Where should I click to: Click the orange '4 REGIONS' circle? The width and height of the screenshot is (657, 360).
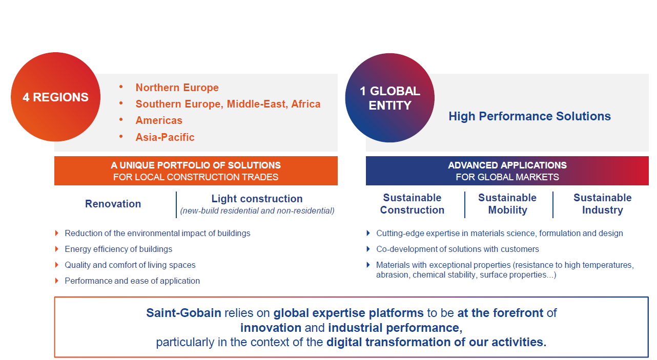click(55, 97)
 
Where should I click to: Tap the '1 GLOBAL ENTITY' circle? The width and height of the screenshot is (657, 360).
click(390, 98)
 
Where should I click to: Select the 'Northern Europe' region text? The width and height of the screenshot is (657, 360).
click(177, 88)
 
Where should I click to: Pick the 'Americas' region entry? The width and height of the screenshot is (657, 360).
click(159, 120)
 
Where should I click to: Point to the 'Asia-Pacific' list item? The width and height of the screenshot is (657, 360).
click(165, 137)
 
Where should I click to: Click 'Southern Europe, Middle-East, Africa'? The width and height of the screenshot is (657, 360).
click(228, 104)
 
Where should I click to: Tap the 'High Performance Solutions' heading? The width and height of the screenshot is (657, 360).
click(529, 116)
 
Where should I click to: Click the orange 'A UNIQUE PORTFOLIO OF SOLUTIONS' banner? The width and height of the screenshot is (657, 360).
click(196, 171)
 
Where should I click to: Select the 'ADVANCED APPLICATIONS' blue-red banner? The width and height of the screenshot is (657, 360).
click(507, 171)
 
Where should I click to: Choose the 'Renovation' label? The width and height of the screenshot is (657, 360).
click(113, 204)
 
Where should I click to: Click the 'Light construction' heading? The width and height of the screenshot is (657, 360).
click(257, 199)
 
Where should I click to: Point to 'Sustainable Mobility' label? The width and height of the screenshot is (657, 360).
click(507, 204)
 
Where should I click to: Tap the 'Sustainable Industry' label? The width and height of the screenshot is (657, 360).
click(603, 204)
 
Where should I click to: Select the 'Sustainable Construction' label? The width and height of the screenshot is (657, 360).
click(412, 204)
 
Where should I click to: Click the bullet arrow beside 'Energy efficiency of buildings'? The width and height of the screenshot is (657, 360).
click(56, 249)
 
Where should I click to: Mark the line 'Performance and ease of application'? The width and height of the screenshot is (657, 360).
click(132, 281)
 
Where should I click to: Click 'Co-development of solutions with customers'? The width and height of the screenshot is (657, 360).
click(458, 249)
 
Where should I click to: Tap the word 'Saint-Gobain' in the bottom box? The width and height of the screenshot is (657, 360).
click(183, 313)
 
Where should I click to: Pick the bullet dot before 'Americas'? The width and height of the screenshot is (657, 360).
click(121, 120)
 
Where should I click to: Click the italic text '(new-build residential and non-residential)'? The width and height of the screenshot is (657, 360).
click(257, 211)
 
